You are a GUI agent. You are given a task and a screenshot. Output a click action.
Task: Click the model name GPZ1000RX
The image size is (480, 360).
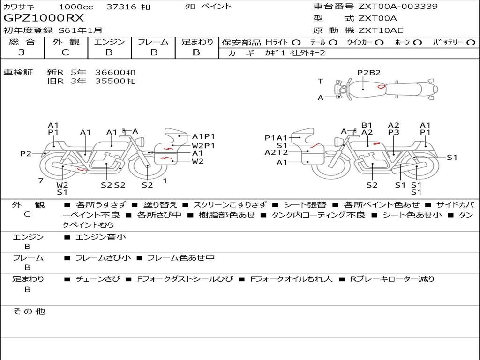pyautogui.click(x=44, y=18)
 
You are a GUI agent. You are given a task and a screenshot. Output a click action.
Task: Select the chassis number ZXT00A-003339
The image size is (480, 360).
pyautogui.click(x=398, y=6)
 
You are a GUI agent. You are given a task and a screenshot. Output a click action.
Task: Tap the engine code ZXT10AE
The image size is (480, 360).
pyautogui.click(x=381, y=30)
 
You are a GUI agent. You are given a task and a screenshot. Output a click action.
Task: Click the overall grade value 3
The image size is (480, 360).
pyautogui.click(x=22, y=52)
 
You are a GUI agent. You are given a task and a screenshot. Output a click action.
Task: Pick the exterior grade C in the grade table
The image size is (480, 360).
pyautogui.click(x=65, y=52)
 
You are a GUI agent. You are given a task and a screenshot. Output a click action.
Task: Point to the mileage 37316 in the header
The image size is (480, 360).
pyautogui.click(x=121, y=7)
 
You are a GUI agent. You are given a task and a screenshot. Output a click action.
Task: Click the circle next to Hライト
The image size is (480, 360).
pyautogui.click(x=296, y=43)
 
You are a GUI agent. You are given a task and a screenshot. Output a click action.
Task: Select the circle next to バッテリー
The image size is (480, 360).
pyautogui.click(x=471, y=43)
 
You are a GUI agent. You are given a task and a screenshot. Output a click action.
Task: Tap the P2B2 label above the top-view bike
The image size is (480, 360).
pyautogui.click(x=369, y=73)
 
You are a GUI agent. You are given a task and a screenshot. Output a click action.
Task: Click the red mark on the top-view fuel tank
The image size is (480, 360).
pyautogui.click(x=381, y=87)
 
